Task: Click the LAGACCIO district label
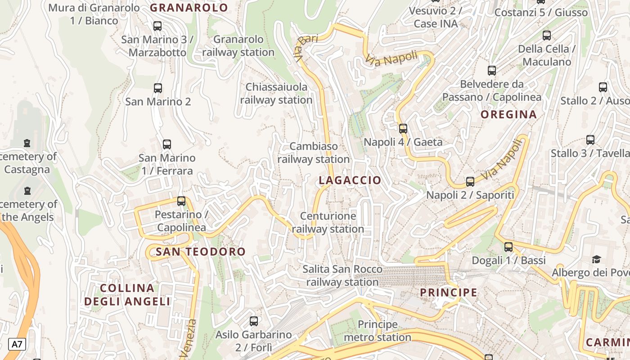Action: [x=350, y=180]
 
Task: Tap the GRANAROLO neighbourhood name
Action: [x=189, y=8]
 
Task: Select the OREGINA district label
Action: [x=508, y=114]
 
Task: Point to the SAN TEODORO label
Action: [x=201, y=252]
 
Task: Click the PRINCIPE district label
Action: [x=448, y=292]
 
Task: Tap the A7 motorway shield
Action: [x=17, y=345]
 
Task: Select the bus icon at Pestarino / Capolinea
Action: [x=181, y=201]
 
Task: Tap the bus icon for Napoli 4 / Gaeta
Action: [x=403, y=128]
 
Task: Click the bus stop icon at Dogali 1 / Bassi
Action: [x=508, y=247]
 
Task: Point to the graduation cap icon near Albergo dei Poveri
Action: [x=596, y=259]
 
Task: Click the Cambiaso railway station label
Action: [x=314, y=153]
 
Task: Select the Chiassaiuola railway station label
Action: [x=276, y=93]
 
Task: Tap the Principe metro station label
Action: [x=378, y=331]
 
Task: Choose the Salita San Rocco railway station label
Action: [x=342, y=276]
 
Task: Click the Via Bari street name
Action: [x=306, y=44]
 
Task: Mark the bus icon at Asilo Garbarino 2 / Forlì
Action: [x=254, y=321]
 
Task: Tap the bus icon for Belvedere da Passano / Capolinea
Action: [x=491, y=70]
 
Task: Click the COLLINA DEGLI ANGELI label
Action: [x=127, y=295]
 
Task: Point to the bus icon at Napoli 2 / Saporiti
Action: [x=470, y=181]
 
